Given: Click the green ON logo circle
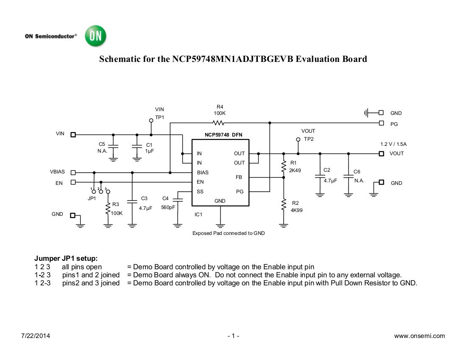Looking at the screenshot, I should pos(95,36).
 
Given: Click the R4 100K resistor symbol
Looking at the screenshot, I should pos(219,123).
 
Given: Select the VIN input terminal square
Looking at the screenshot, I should pos(73,134).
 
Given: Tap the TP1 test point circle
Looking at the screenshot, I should pos(151,120).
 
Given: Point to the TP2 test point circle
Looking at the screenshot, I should pos(298,139).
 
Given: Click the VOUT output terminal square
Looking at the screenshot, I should pos(381,153).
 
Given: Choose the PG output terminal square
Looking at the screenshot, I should pos(381,123).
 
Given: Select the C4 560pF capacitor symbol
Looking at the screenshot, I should pos(178,199).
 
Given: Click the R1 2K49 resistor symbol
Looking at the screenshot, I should pos(284,167).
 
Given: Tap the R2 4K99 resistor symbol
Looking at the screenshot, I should pos(284,206).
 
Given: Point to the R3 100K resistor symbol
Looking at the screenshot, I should pos(108,209).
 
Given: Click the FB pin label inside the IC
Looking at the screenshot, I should pos(239,177).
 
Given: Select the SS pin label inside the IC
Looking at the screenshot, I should pos(200,192).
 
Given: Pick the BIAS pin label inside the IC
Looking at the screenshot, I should pos(203,173).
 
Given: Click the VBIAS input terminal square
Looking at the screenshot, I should pos(73,173).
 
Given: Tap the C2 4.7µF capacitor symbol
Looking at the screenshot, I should pos(320,176).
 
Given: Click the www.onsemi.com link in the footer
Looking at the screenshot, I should pos(419,336).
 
